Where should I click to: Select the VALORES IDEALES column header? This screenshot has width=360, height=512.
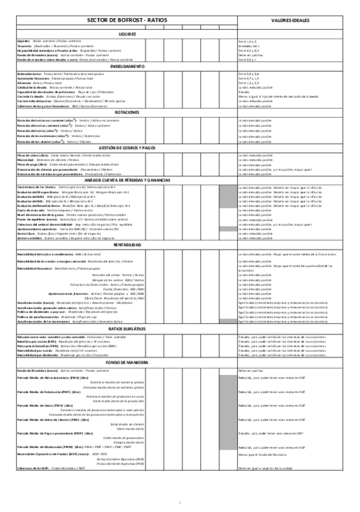tap(290, 20)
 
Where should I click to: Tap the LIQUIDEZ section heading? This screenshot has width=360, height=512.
tap(127, 34)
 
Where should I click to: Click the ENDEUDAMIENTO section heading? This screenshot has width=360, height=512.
tap(127, 66)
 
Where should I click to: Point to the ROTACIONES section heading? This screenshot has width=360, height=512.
tap(127, 112)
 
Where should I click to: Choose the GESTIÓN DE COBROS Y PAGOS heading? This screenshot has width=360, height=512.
tap(127, 147)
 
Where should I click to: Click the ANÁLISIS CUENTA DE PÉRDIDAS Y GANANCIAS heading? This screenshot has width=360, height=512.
tap(127, 180)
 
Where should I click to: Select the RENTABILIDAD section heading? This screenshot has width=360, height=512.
tap(127, 245)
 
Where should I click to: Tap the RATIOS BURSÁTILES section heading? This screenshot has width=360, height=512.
tap(127, 328)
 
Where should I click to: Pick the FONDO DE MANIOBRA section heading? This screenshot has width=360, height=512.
tap(127, 362)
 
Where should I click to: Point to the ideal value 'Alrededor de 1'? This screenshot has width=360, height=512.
tap(249, 45)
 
